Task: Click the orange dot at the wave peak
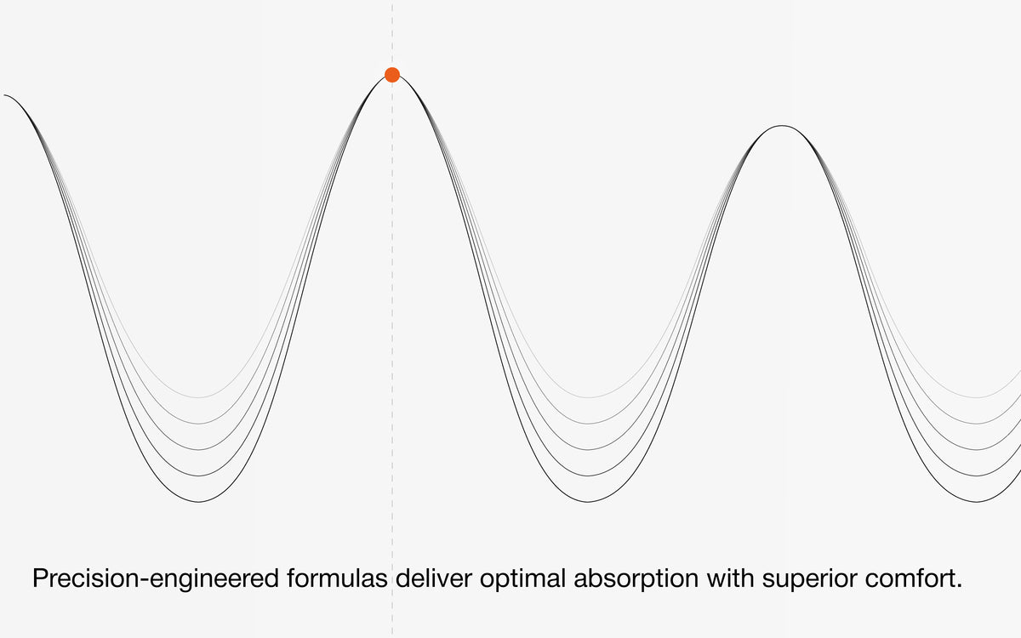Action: click(392, 75)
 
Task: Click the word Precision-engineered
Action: click(156, 578)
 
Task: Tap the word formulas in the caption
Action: click(337, 578)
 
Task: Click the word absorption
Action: click(636, 578)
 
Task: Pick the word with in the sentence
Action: click(730, 578)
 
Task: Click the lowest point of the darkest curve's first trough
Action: click(199, 502)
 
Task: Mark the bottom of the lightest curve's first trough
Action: click(199, 397)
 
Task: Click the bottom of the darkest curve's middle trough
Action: click(588, 502)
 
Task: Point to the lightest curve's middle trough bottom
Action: click(588, 397)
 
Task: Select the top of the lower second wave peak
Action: click(782, 125)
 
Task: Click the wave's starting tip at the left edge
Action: click(4, 95)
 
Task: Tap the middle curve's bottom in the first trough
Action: click(199, 450)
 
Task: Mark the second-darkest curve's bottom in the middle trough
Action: click(588, 476)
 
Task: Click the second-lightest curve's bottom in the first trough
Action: click(199, 424)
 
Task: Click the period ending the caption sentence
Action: click(959, 586)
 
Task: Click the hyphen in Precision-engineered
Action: click(145, 580)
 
